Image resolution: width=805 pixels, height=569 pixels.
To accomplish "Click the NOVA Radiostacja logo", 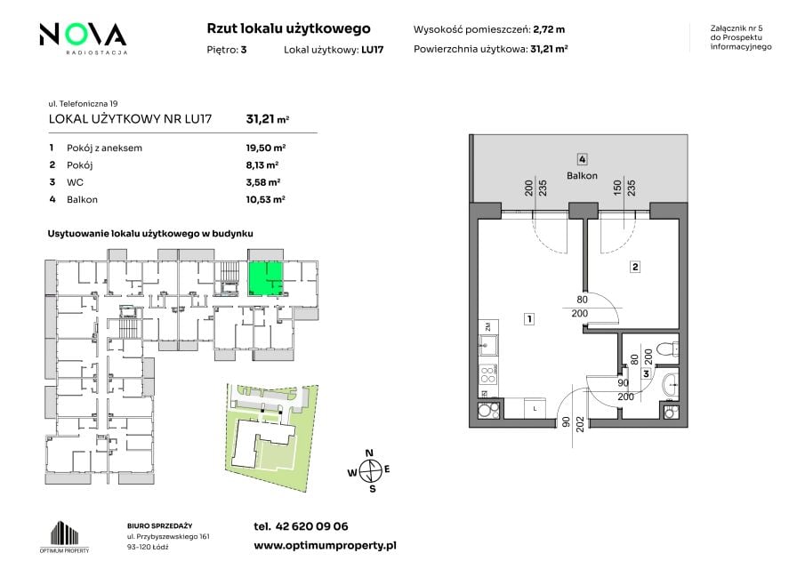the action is click(84, 38).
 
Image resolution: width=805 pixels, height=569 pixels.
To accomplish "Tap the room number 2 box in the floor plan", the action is click(635, 267).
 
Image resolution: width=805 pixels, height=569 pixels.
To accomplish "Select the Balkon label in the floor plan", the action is click(582, 175).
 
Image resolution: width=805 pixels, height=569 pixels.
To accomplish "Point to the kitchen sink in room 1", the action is click(488, 345).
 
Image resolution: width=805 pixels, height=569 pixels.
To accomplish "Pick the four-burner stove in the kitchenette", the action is click(488, 375).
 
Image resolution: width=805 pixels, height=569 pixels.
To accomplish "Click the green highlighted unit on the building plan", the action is click(265, 278).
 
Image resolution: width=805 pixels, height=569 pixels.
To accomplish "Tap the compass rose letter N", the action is click(369, 453).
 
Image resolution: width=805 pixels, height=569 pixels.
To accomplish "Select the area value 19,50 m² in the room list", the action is click(265, 148).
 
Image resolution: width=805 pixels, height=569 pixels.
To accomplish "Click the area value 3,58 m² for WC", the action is click(263, 182).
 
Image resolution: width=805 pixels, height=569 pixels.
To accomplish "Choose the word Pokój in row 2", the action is click(79, 165).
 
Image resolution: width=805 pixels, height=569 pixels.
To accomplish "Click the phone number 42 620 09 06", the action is click(311, 526).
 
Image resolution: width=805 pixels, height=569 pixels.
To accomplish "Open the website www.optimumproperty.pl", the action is click(325, 546).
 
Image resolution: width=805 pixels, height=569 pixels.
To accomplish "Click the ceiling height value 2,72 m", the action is click(549, 29).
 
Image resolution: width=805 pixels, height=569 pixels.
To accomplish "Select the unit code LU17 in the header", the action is click(372, 50).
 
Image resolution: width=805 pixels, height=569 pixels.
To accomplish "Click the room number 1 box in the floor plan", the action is click(528, 319).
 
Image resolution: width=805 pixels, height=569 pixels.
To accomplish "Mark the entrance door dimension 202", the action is click(580, 424).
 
